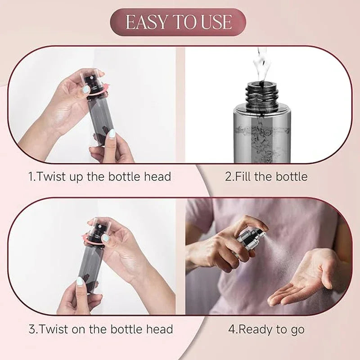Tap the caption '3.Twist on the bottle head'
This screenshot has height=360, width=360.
101,329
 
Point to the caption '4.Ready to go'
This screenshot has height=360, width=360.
266,329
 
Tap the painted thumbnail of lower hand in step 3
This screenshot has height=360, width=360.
80,281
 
